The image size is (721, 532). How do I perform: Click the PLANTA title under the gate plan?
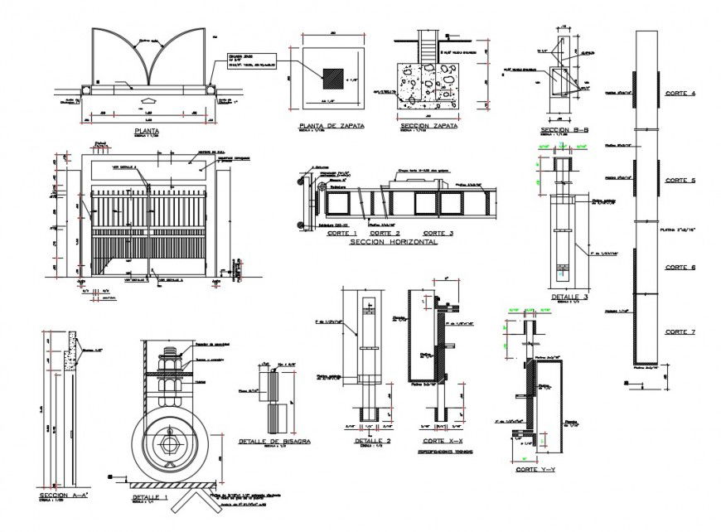(x=146, y=131)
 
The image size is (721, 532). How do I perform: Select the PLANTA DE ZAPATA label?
(x=329, y=126)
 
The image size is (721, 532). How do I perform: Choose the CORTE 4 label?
(x=680, y=94)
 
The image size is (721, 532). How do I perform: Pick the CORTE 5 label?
(x=680, y=180)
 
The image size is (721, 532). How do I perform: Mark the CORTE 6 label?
(x=680, y=267)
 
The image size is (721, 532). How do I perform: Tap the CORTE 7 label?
(x=680, y=331)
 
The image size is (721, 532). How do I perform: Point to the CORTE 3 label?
(x=438, y=234)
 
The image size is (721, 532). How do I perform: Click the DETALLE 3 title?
(x=569, y=296)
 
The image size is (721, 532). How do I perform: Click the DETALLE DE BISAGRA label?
(x=273, y=442)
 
